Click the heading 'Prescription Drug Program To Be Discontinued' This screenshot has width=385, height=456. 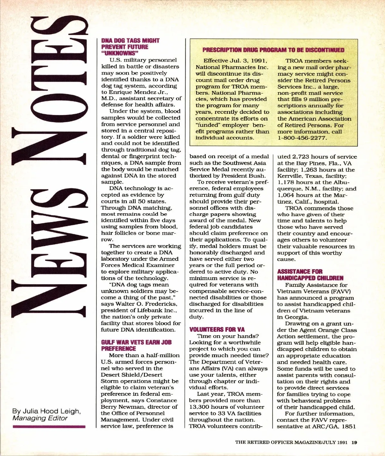273,50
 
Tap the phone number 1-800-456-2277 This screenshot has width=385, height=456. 302,138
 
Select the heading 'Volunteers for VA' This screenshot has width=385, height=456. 217,329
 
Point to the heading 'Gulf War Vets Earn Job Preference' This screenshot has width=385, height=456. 136,345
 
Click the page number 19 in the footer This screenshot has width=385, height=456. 354,443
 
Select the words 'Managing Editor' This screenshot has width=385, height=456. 40,418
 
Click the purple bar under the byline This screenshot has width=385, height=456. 49,427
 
